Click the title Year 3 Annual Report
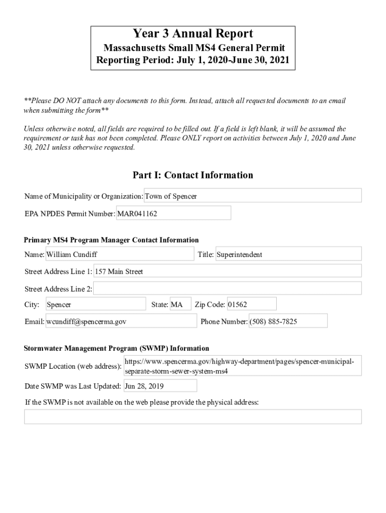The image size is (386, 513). tap(192, 34)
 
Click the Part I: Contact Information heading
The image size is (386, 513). tap(192, 175)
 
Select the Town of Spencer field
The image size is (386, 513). tap(253, 196)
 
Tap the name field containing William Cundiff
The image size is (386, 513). tap(119, 254)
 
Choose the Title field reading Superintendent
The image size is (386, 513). tap(288, 254)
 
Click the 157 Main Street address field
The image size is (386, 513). tap(227, 272)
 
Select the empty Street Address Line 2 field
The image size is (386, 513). tap(227, 289)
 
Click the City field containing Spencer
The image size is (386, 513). tap(95, 305)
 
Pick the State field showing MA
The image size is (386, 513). tap(180, 305)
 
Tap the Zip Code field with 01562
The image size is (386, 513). tap(251, 305)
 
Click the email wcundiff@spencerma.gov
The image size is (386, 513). tap(121, 322)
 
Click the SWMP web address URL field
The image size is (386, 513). tap(242, 367)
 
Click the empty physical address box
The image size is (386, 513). tap(192, 417)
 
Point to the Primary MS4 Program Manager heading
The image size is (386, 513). tap(112, 240)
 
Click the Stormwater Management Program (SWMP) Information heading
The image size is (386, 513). tap(117, 348)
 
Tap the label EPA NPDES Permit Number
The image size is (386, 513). tap(70, 214)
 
